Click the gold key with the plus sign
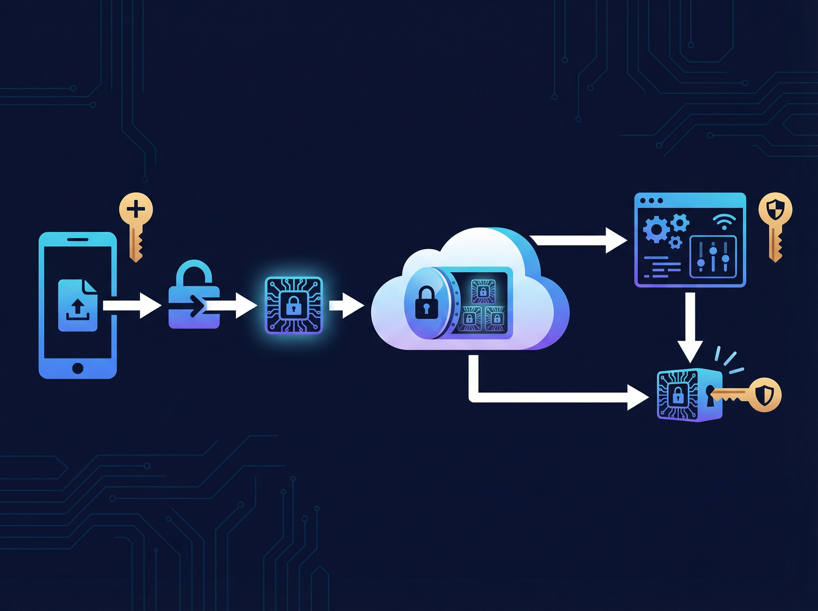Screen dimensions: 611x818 click(136, 214)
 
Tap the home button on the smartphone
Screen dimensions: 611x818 click(78, 368)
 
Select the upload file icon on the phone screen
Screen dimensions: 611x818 click(78, 305)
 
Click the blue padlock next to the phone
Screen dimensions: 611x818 click(194, 296)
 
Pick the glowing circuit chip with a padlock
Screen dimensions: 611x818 click(294, 305)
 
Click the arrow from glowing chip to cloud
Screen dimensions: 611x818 click(346, 305)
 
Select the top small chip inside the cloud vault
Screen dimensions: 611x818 click(483, 292)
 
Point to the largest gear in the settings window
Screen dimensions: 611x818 click(656, 230)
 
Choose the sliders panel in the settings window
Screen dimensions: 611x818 click(713, 256)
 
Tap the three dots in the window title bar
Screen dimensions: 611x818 click(651, 201)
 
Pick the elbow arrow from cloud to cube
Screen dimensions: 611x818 click(555, 397)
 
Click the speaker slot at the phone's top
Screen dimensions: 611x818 click(78, 239)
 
